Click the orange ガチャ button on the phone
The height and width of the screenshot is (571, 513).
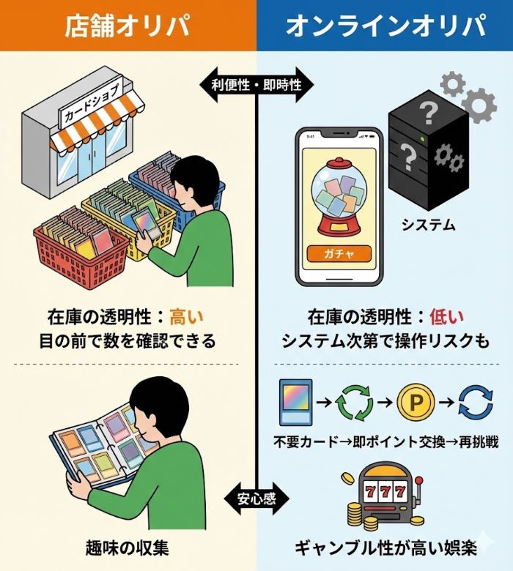pos(339,254)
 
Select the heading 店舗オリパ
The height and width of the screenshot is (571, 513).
pos(128,26)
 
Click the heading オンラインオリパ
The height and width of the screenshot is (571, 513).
pos(385,26)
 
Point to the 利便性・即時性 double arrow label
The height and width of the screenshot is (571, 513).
pos(256,85)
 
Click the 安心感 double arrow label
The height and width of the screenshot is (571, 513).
pos(256,499)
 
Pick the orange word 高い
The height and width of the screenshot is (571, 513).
pos(187,317)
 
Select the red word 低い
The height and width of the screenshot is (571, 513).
pos(447,317)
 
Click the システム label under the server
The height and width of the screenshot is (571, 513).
pos(429,225)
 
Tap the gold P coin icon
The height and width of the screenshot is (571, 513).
pos(416,402)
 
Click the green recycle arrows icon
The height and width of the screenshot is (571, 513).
pos(354,403)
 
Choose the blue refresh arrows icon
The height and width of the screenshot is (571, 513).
pos(476,402)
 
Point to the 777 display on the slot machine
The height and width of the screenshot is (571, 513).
pos(385,493)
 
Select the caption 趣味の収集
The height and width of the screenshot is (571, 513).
pos(128,548)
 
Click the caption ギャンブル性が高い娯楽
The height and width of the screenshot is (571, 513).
pos(385,548)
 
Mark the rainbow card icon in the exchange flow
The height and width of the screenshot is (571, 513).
pos(295,403)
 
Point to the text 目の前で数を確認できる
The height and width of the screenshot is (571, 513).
pos(128,341)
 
